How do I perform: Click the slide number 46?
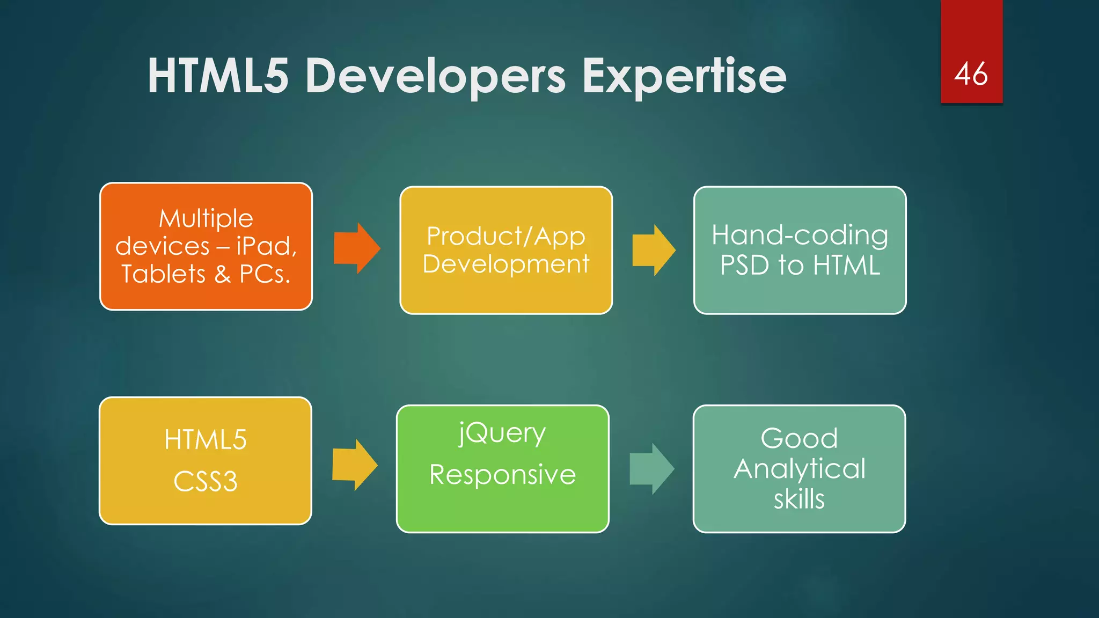[x=971, y=73]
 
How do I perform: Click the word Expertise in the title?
[x=684, y=77]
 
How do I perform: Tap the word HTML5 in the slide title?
[x=218, y=77]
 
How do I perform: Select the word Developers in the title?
[x=435, y=77]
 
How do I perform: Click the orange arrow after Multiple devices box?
[x=357, y=248]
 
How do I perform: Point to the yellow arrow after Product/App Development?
[x=654, y=250]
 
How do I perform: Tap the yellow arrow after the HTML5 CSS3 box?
[x=355, y=465]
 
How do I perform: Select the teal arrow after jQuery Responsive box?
[x=651, y=468]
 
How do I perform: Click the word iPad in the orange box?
[x=266, y=246]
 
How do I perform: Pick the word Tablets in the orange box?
[x=164, y=274]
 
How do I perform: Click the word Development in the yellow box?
[x=505, y=264]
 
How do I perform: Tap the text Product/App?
[x=505, y=236]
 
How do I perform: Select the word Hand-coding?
[x=800, y=235]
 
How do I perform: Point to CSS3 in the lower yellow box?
[x=206, y=481]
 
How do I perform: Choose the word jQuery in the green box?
[x=502, y=433]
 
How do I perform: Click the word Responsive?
[x=502, y=475]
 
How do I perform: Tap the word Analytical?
[x=800, y=469]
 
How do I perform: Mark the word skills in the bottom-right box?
[x=799, y=499]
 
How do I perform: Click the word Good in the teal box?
[x=799, y=438]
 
